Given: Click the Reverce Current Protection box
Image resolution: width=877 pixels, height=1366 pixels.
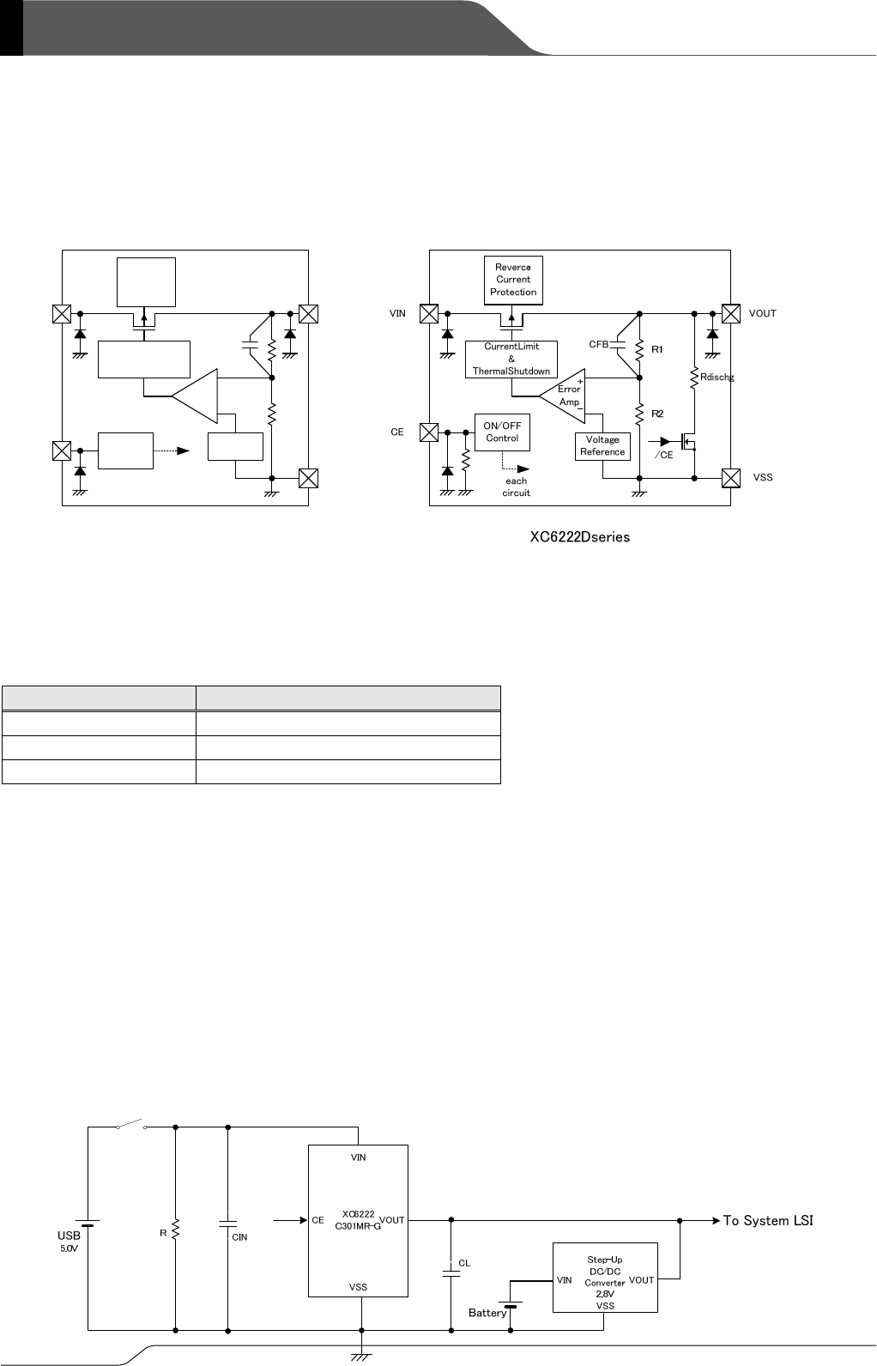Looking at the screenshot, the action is coord(513,280).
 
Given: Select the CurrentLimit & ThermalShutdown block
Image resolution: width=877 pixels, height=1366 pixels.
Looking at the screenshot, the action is coord(511,359).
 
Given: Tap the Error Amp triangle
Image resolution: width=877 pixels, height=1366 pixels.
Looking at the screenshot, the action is coord(564,396).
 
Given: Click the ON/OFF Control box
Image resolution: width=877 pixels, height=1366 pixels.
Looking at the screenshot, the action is coord(502,432).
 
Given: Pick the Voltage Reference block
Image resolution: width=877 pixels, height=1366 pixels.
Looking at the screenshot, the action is coord(602,446).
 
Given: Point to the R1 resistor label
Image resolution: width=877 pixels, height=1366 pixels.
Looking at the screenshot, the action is coord(658,349).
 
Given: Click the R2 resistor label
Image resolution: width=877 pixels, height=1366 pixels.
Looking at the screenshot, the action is coord(658,414).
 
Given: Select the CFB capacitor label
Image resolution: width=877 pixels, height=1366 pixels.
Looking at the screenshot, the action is coord(599,344).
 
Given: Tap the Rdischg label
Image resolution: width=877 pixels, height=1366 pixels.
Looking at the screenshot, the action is coord(717,377).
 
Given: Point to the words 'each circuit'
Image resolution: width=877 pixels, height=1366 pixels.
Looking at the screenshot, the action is coord(517,487).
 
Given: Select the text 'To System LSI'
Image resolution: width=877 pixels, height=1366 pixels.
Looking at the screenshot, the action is coord(768,1220).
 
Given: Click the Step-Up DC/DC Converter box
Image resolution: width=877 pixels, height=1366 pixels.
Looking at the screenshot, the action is coord(605,1277).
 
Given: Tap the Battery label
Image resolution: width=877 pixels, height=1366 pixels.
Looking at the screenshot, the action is coord(487,1313).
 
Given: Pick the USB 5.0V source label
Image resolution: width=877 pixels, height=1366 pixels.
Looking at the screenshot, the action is coord(69,1241).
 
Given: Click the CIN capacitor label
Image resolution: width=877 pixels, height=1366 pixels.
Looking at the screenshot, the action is coord(240,1237).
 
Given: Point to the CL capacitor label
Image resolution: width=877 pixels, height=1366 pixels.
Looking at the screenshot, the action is coord(464,1263).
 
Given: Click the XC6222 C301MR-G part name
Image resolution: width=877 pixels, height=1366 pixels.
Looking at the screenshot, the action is coord(358,1219).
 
